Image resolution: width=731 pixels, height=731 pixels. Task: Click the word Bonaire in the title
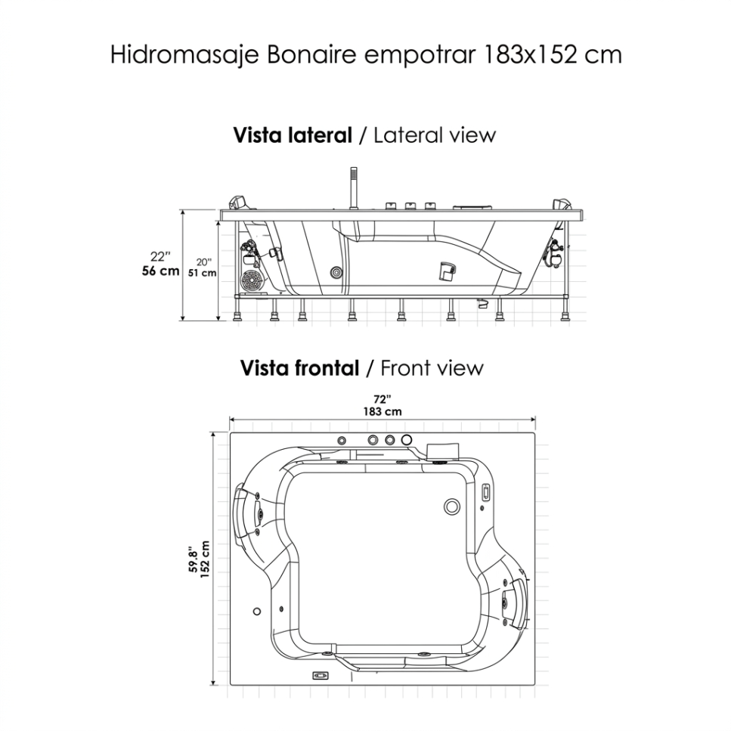pyautogui.click(x=310, y=54)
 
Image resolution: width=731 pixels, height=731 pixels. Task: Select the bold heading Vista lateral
pyautogui.click(x=293, y=135)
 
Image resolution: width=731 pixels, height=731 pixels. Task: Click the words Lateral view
pyautogui.click(x=435, y=135)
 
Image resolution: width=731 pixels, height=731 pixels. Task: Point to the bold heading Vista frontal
pyautogui.click(x=299, y=368)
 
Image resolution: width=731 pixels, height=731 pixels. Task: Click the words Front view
pyautogui.click(x=432, y=368)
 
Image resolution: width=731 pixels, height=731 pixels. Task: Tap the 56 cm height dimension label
pyautogui.click(x=160, y=271)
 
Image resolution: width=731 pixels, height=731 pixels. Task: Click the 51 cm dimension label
pyautogui.click(x=202, y=273)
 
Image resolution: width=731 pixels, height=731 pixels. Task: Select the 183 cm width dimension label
pyautogui.click(x=383, y=412)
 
